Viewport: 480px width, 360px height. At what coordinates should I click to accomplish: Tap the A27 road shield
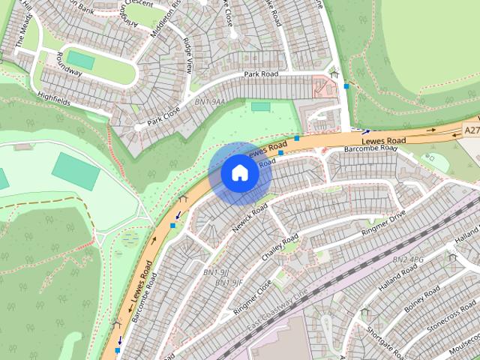(x=471, y=130)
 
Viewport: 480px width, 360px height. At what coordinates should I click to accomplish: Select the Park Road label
(x=261, y=75)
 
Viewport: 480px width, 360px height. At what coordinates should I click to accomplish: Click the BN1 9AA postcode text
(x=210, y=101)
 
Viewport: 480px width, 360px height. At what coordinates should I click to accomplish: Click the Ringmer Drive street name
(x=383, y=225)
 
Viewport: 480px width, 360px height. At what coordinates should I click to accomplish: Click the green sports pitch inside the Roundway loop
(x=80, y=59)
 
